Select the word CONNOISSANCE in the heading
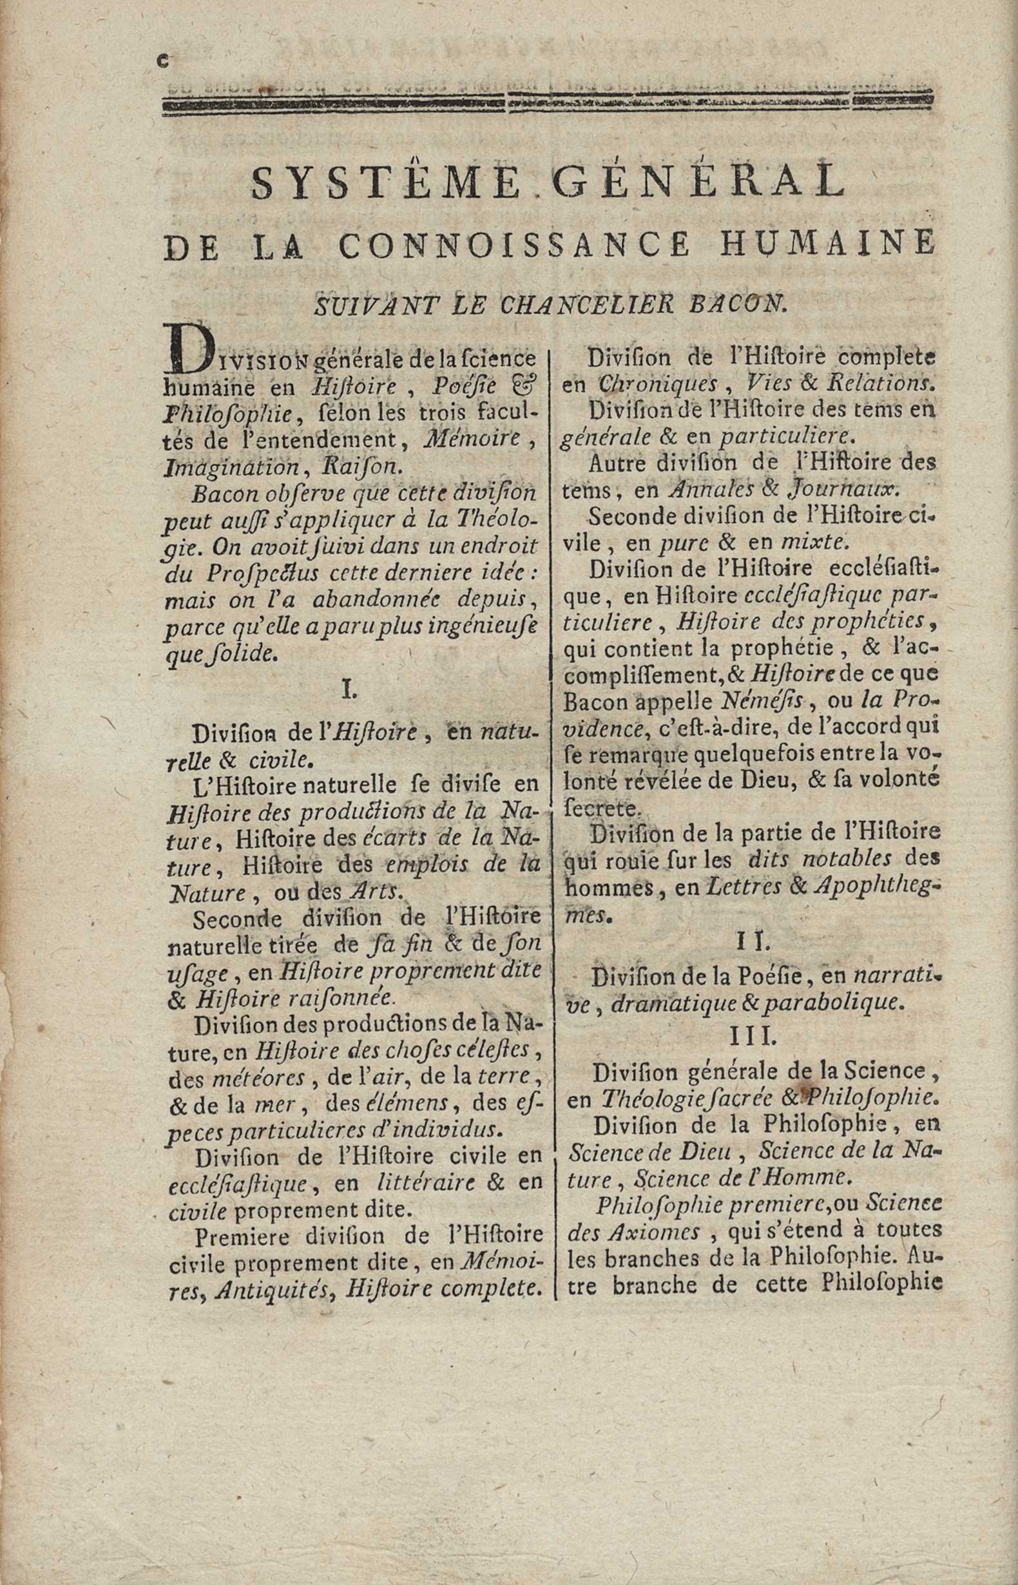[x=514, y=244]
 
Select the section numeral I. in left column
[x=349, y=691]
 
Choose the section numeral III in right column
[x=753, y=1037]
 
